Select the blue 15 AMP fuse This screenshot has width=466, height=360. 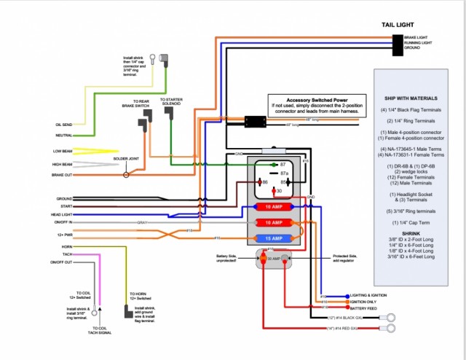click(x=271, y=238)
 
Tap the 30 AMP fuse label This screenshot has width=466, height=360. click(x=272, y=258)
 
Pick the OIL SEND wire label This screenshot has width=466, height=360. click(x=63, y=125)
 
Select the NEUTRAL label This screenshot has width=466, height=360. click(x=63, y=135)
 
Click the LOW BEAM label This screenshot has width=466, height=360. click(x=62, y=151)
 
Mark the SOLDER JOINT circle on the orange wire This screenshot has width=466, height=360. click(x=127, y=175)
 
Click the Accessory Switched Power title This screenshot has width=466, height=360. click(x=317, y=99)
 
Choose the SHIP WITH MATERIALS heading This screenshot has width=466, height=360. click(x=411, y=98)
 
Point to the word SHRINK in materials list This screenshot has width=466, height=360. click(x=411, y=233)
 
